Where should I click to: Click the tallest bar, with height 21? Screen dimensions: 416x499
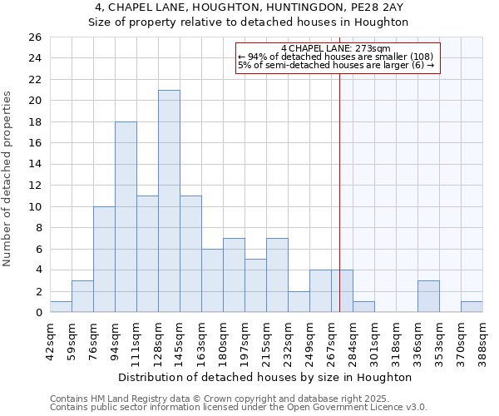(x=169, y=201)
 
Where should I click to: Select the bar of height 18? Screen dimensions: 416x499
(x=126, y=217)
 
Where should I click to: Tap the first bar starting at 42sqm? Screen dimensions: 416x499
(x=61, y=307)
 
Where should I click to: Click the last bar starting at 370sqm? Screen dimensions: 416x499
(x=472, y=307)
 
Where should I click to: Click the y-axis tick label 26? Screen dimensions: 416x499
(x=35, y=37)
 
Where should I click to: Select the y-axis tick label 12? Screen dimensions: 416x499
(x=35, y=186)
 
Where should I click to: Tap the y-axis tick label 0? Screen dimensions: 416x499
(x=38, y=313)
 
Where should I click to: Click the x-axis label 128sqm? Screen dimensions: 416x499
(x=158, y=339)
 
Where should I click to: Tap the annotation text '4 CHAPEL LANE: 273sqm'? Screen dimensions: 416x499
(x=336, y=48)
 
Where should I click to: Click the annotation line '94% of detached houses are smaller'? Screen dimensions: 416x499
(x=336, y=57)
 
